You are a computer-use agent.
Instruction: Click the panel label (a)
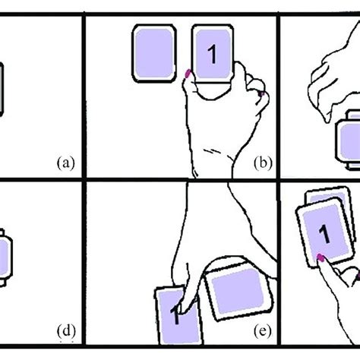66,163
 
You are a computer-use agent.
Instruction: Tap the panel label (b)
263,163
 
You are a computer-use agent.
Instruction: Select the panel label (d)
66,331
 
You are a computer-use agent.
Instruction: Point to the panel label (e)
263,331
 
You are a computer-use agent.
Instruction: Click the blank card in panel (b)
154,53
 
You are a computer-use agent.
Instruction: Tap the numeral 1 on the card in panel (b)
213,54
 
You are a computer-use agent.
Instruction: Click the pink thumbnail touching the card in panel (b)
188,74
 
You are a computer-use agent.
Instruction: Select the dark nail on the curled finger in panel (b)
262,93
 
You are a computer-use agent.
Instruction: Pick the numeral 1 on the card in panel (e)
176,314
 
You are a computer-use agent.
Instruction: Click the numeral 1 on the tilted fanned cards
324,235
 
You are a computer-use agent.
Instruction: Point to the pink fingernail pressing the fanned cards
321,257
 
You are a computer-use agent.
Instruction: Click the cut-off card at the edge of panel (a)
2,90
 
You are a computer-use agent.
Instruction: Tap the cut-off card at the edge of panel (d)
5,257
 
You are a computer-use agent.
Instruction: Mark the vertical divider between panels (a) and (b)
84,96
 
